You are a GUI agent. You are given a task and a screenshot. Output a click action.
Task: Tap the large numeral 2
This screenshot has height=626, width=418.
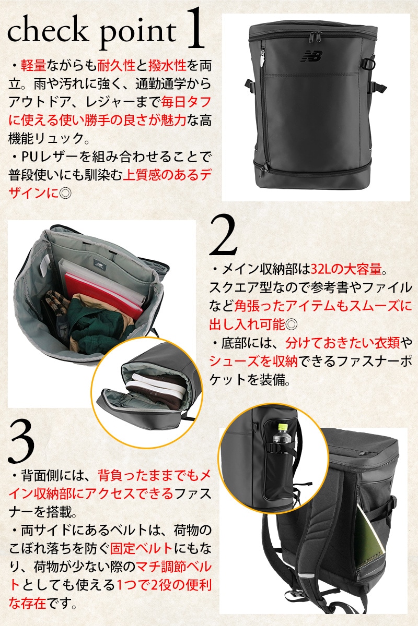(223, 235)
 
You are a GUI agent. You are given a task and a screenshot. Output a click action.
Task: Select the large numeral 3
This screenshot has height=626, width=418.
(21, 441)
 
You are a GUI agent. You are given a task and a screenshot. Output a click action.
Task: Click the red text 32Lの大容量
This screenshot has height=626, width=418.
(346, 269)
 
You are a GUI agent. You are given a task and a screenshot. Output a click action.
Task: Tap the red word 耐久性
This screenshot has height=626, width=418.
(116, 66)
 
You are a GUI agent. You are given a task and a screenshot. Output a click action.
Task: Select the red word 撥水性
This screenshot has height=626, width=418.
(167, 66)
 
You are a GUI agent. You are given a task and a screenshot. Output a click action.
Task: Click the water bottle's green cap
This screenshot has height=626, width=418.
(283, 427)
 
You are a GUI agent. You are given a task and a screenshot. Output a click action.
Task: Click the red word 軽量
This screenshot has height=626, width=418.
(33, 66)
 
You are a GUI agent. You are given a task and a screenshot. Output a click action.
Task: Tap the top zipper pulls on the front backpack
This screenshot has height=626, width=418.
(316, 37)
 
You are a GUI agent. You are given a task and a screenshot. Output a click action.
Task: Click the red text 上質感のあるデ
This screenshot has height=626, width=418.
(167, 175)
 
